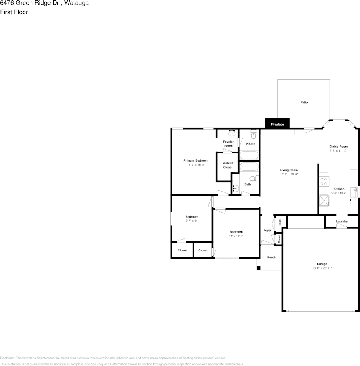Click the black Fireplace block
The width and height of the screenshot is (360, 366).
tap(277, 123)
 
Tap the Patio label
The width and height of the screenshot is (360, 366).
tap(304, 103)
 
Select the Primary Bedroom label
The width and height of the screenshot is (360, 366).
tap(196, 160)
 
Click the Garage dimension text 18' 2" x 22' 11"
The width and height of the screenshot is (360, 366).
tap(322, 268)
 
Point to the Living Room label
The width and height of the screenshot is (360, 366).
tap(289, 170)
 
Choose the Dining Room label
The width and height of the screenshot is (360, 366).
tap(338, 147)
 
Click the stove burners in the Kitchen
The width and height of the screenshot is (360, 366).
tap(324, 181)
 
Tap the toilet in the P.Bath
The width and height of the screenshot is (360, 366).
tap(253, 134)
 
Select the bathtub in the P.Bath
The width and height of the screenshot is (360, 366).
tap(249, 155)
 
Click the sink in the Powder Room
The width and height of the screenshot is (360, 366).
tap(232, 133)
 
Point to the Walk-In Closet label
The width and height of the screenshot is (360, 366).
tap(228, 165)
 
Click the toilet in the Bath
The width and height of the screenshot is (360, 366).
tap(254, 179)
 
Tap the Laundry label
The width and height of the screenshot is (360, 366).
tap(342, 221)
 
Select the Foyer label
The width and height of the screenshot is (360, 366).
tap(267, 230)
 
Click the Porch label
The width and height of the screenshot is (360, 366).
tap(271, 258)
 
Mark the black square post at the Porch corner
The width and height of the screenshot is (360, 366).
tap(259, 268)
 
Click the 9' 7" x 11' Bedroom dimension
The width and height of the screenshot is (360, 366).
tap(192, 221)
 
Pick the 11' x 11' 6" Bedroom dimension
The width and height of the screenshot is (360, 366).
tap(236, 236)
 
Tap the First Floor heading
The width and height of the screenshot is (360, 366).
tap(14, 12)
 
